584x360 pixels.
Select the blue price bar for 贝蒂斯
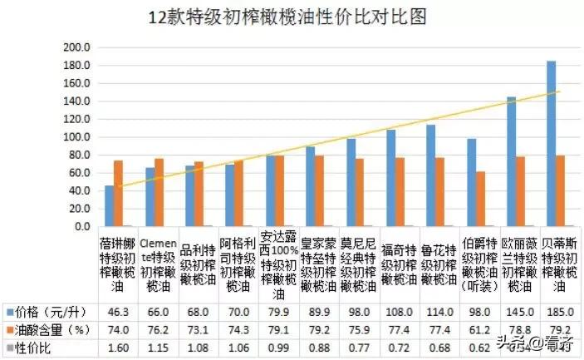coord(551,143)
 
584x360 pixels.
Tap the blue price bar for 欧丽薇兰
coord(511,161)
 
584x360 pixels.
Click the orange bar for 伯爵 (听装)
coord(480,199)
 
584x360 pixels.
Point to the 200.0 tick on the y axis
coord(77,47)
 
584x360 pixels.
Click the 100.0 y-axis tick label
coord(77,137)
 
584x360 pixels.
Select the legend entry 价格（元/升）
coord(47,311)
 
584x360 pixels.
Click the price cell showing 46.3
coord(116,311)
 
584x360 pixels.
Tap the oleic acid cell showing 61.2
coord(478,330)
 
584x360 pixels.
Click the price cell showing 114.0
coord(437,311)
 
